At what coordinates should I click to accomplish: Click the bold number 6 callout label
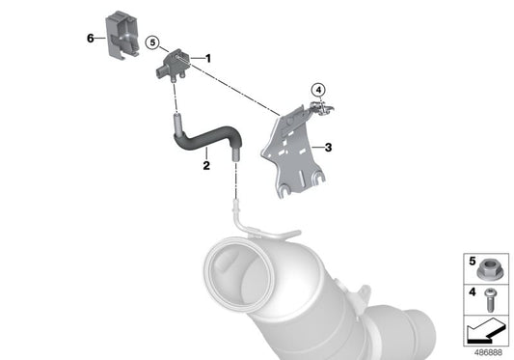pos(90,38)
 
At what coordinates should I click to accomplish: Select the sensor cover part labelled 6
pos(122,35)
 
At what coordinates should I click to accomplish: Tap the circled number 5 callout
pos(152,42)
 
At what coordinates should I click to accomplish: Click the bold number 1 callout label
pos(208,59)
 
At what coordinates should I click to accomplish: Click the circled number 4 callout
pos(318,89)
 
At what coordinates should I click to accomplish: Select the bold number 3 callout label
pos(328,148)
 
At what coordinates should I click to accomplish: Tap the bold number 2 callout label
pos(206,165)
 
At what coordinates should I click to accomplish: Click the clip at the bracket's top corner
pos(321,107)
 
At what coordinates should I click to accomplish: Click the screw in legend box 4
pos(490,300)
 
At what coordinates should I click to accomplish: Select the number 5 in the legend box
pos(472,262)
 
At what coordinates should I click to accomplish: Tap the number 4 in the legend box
pos(472,291)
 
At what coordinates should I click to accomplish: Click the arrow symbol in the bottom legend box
pos(486,332)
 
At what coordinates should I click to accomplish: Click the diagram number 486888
pos(488,352)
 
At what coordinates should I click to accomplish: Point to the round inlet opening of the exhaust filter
pos(239,271)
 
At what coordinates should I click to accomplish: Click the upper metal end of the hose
pos(177,124)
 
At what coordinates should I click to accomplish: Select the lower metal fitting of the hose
pos(235,154)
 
